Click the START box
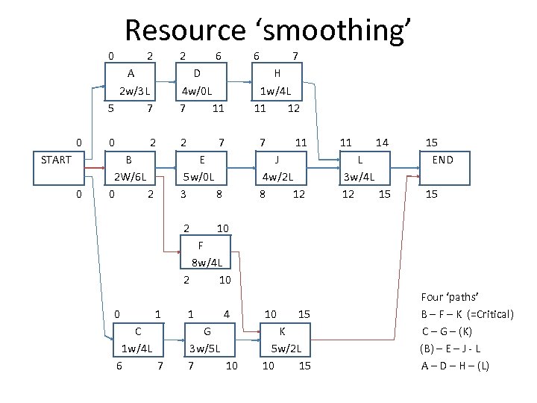coord(56,159)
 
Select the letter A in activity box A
coord(131,73)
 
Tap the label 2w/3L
coord(135,92)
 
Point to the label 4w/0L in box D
coord(196,92)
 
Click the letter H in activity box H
coord(277,73)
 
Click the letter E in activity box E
coord(201,159)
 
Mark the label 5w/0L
coord(198,177)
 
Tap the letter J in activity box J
coord(277,159)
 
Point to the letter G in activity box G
coord(207,331)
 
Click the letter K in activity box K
coord(282,331)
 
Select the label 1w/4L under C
coord(137,349)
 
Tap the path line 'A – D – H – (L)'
coord(455,366)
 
